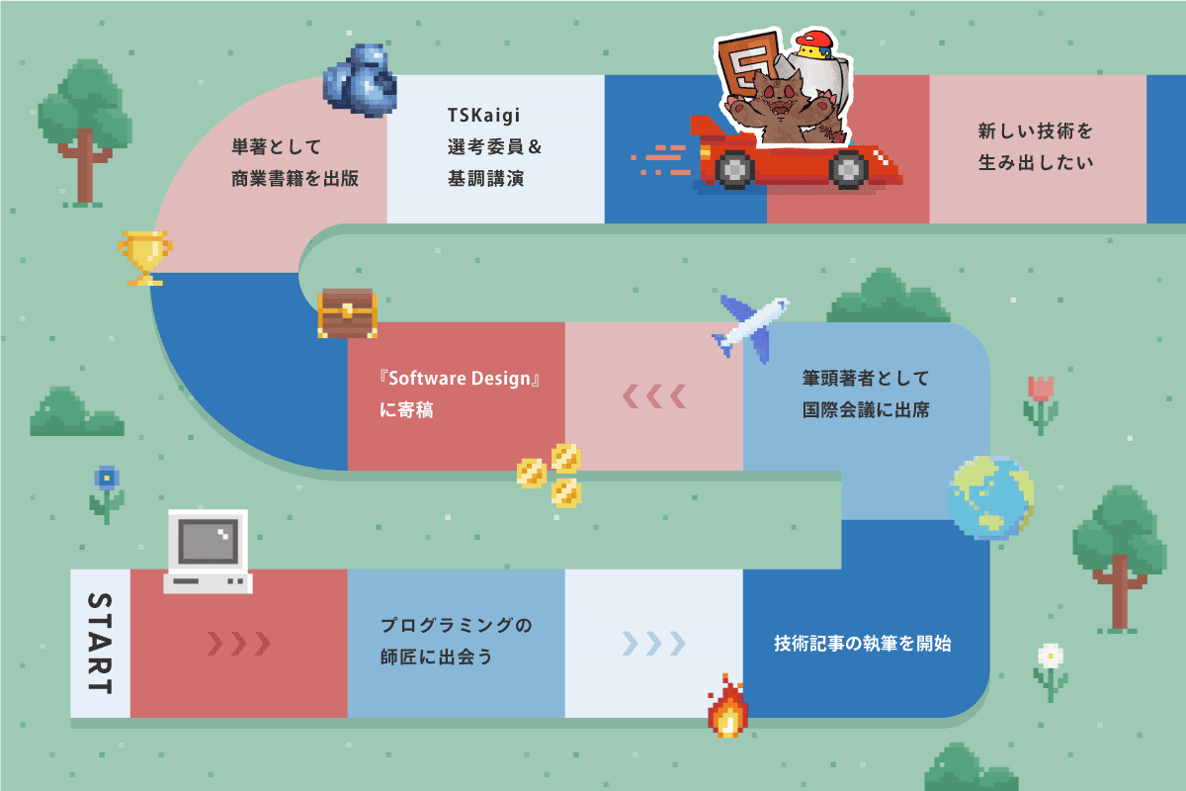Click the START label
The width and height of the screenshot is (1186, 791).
[100, 644]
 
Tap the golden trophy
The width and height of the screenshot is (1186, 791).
[145, 257]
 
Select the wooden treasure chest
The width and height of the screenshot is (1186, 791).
[347, 313]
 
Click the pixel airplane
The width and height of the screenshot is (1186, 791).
[750, 323]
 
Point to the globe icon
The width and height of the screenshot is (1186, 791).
[990, 497]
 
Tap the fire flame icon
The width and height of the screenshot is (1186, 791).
[727, 706]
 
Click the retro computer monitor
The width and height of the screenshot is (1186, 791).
[208, 551]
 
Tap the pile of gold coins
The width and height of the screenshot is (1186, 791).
[551, 474]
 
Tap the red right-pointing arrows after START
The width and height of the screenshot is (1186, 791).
[238, 644]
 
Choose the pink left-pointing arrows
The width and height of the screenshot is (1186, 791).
[653, 396]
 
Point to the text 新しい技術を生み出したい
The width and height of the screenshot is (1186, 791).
[1035, 146]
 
